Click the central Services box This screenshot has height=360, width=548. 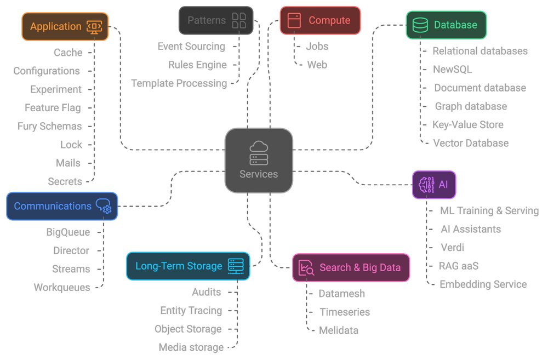[x=259, y=161]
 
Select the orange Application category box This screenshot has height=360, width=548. [x=65, y=26]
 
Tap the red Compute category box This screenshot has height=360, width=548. [x=320, y=20]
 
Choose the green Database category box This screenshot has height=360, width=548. [x=446, y=25]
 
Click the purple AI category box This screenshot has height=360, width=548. [x=434, y=185]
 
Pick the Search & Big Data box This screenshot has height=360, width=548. [x=351, y=267]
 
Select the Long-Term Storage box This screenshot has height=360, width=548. [x=188, y=266]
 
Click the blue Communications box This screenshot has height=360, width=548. [x=62, y=206]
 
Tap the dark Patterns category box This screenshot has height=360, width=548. [x=216, y=20]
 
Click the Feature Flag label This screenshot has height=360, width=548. [x=53, y=108]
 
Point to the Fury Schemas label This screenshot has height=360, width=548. [x=49, y=126]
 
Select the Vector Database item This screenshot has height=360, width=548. [x=471, y=143]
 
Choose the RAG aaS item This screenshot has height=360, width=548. [x=459, y=266]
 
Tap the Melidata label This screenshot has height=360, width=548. [x=338, y=330]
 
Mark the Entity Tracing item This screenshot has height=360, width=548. [x=191, y=311]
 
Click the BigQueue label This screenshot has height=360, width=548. [x=68, y=232]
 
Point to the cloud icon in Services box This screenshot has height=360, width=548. [x=259, y=147]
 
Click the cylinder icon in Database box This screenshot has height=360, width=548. [x=420, y=25]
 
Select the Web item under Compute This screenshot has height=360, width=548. [x=317, y=65]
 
